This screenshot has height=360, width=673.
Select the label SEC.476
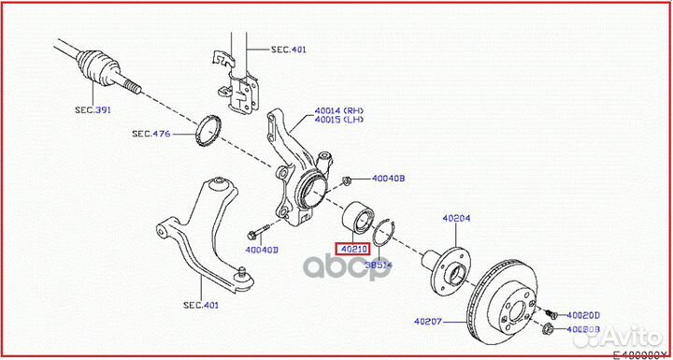(152, 134)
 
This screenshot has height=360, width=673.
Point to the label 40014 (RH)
(340, 109)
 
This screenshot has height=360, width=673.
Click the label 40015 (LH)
(340, 120)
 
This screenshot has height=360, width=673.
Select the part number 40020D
(583, 315)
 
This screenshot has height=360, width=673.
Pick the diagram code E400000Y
(639, 354)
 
